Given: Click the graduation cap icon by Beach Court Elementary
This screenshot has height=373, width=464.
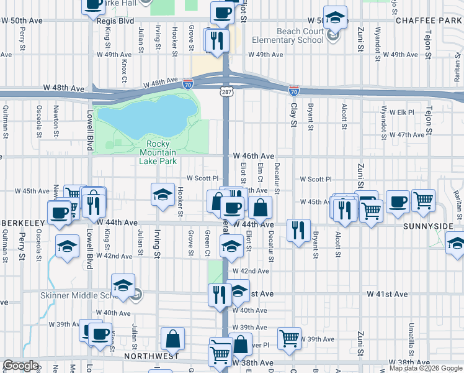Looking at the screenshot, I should coord(335,19).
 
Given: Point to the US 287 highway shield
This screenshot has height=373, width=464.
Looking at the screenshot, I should coord(225,91).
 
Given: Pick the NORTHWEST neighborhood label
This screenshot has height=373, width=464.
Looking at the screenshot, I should coord(151,356).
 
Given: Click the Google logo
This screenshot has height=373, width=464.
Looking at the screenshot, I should coord(21,366).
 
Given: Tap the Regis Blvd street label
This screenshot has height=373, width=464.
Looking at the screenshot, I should coord(115,21).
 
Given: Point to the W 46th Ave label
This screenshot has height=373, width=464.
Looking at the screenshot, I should coord(254,156).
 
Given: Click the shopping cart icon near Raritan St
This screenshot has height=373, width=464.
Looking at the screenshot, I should coord(424,200).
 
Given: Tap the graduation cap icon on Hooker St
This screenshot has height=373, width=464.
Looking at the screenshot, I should coord(163,194).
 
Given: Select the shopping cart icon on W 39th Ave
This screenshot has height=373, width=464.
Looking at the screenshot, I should coord(289,339).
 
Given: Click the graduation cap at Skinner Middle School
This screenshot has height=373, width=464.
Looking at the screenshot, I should coord(123,285).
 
